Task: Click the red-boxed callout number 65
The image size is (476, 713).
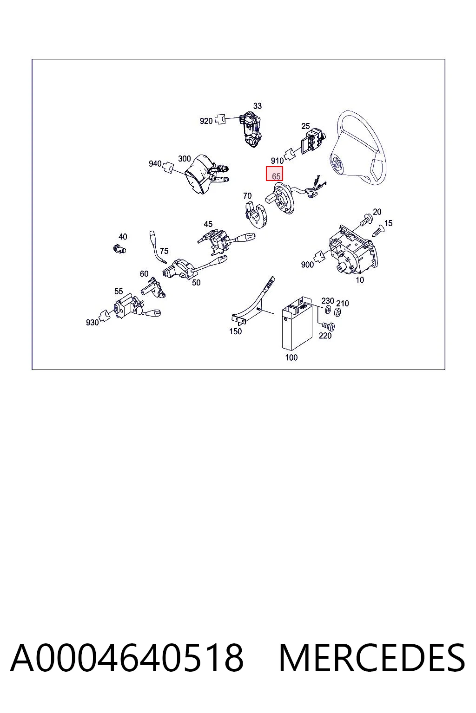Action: click(x=276, y=176)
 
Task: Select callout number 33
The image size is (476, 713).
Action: click(x=257, y=106)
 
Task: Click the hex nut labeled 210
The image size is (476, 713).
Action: click(x=338, y=312)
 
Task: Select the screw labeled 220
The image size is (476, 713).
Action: click(x=328, y=325)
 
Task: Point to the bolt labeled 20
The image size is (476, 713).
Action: click(x=366, y=219)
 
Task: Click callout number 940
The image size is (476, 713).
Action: click(x=155, y=163)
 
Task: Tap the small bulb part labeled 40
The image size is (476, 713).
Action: click(x=119, y=248)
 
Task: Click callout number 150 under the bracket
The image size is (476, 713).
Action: click(x=235, y=331)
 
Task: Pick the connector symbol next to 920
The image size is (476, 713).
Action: click(x=220, y=119)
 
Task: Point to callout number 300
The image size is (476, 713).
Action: click(x=184, y=158)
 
